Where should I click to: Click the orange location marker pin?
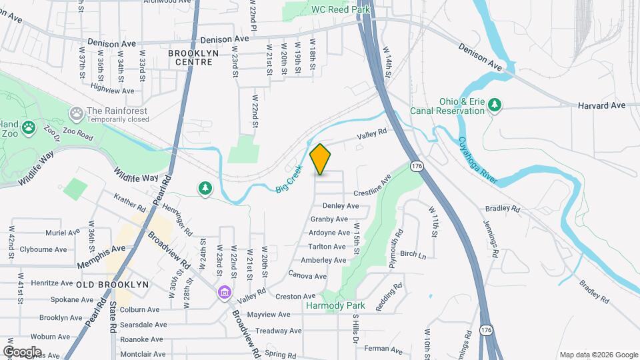tap(321, 159)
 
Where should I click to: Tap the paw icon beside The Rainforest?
tap(77, 112)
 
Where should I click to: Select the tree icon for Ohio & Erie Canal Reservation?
tap(495, 105)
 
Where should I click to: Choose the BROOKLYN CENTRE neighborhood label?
tap(190, 57)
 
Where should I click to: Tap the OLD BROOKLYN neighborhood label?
tap(112, 285)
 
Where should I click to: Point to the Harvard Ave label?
tap(601, 105)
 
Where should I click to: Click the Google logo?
tap(22, 351)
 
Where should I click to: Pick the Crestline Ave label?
tap(372, 186)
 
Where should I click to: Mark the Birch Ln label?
tap(413, 254)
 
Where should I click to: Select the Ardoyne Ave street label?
tap(329, 233)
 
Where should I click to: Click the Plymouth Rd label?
tap(397, 243)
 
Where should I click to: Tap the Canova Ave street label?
tap(307, 275)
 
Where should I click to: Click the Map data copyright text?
tap(597, 355)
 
